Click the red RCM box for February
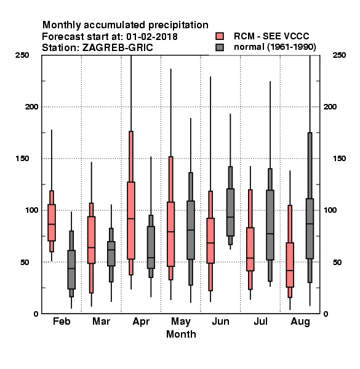(x=52, y=223)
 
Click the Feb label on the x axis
(x=62, y=321)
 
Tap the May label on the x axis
(x=181, y=322)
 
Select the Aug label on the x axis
(x=300, y=322)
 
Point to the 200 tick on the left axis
(x=31, y=106)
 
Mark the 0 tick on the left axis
(x=36, y=314)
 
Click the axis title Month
(x=181, y=334)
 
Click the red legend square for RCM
(x=220, y=36)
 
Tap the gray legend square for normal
(x=220, y=47)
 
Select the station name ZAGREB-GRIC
(x=118, y=48)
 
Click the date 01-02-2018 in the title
(x=152, y=37)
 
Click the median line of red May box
(x=170, y=232)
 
